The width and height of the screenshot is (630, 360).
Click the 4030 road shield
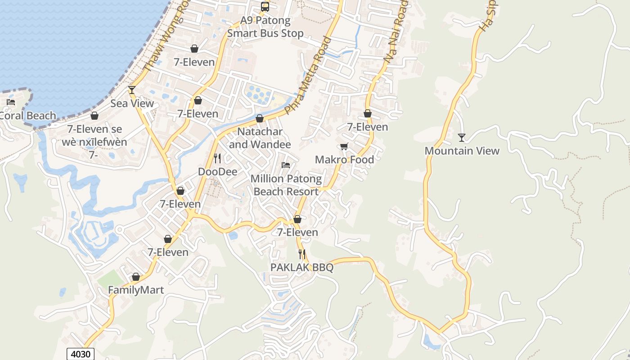coord(81,354)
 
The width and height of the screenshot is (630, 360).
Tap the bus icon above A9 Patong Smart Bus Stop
coord(265,6)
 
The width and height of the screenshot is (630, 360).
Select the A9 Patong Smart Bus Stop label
coord(265,27)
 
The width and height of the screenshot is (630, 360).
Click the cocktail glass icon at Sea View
coord(131,90)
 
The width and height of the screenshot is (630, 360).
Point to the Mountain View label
coord(462,151)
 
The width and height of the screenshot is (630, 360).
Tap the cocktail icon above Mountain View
coord(461,137)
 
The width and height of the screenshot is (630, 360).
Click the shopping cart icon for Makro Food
coord(344,146)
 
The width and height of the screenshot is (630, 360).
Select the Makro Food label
coord(344,160)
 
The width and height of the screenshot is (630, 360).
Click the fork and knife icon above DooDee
coord(217,158)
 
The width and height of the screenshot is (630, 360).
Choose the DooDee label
coord(217,172)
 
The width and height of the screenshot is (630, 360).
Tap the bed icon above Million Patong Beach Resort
coord(286,165)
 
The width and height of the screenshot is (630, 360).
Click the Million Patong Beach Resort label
coord(286,185)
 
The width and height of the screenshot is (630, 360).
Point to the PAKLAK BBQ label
coord(301,268)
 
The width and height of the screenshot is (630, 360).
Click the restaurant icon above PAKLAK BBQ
coord(301,254)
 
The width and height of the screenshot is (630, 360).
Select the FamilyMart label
coord(136,290)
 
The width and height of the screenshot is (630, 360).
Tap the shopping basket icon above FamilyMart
coord(135,277)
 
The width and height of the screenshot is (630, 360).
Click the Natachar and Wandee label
coord(260,138)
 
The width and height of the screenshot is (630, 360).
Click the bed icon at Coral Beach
coord(11,102)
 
